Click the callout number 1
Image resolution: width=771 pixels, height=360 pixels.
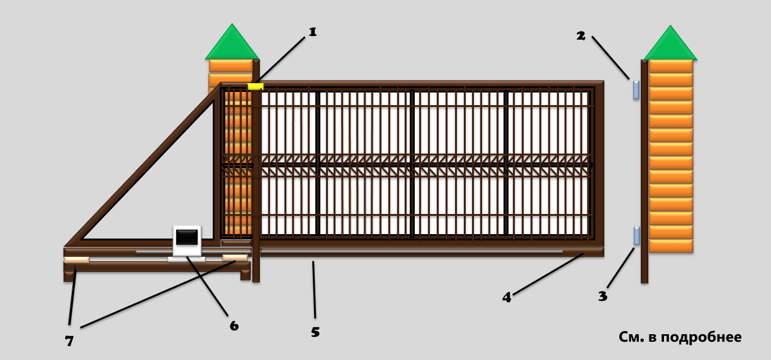point(312,32)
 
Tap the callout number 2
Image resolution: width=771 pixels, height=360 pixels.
point(581,36)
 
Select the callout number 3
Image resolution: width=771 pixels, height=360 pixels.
point(603,296)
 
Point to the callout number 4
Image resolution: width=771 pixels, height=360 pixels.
point(507,297)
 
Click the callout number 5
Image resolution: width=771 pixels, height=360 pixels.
point(315,332)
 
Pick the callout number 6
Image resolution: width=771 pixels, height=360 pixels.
point(234,325)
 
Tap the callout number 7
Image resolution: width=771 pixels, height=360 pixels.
point(69,340)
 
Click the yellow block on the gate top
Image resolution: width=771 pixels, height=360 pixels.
point(256,86)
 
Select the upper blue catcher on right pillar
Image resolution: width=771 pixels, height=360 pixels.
point(636,89)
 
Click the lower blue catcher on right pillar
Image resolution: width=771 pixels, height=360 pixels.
point(637,235)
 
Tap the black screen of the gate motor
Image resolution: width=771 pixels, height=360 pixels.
point(187,237)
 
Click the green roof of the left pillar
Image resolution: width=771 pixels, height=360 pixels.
point(232,42)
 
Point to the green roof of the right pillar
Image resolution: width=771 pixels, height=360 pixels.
point(670,43)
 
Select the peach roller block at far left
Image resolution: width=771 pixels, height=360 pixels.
point(77,260)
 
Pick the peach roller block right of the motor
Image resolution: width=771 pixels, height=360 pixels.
point(235,257)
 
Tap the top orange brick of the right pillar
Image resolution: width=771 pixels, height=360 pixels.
point(671,66)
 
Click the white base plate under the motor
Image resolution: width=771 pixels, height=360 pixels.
point(186,259)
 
